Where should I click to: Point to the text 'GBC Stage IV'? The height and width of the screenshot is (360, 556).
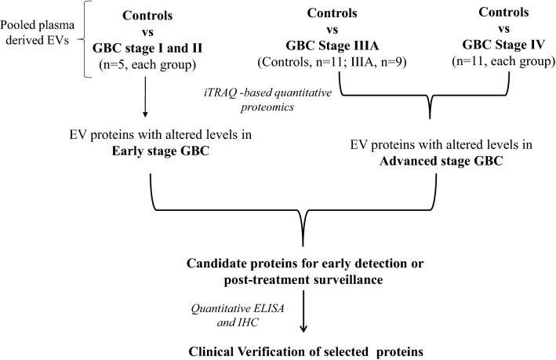click(499, 38)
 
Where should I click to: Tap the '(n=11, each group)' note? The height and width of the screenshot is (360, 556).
click(499, 53)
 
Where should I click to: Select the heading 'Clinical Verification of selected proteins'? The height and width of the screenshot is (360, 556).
click(300, 348)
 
